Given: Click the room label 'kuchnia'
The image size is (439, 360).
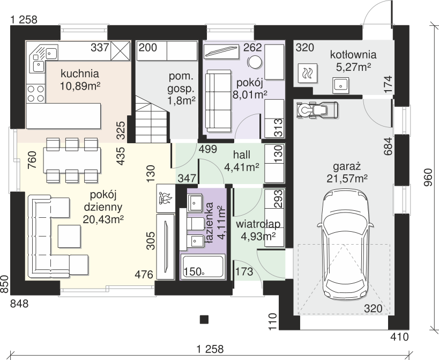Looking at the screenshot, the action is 80,74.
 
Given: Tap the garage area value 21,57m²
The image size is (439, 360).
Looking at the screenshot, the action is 347,179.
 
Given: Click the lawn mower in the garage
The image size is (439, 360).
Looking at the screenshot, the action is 317,109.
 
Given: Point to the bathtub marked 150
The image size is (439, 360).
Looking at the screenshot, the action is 203,267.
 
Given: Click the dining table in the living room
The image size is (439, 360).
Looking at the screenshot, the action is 72,160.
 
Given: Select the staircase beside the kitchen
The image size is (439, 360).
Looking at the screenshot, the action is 153,119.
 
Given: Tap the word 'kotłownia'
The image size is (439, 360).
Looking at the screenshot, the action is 353,55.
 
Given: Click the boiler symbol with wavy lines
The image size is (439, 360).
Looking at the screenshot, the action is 308,73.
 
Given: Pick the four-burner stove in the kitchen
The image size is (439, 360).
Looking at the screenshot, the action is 36,93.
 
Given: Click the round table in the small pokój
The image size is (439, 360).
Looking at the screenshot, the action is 255,62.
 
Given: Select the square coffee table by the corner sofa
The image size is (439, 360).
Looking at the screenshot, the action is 69,236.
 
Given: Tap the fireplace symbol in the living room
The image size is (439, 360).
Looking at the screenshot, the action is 166,198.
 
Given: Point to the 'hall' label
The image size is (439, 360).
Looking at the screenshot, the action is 242,155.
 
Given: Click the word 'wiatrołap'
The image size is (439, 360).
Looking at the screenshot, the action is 258,224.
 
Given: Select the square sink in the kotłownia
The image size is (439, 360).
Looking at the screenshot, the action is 341,85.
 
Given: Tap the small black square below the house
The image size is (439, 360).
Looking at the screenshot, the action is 204,319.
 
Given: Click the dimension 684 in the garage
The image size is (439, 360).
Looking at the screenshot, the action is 388,146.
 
